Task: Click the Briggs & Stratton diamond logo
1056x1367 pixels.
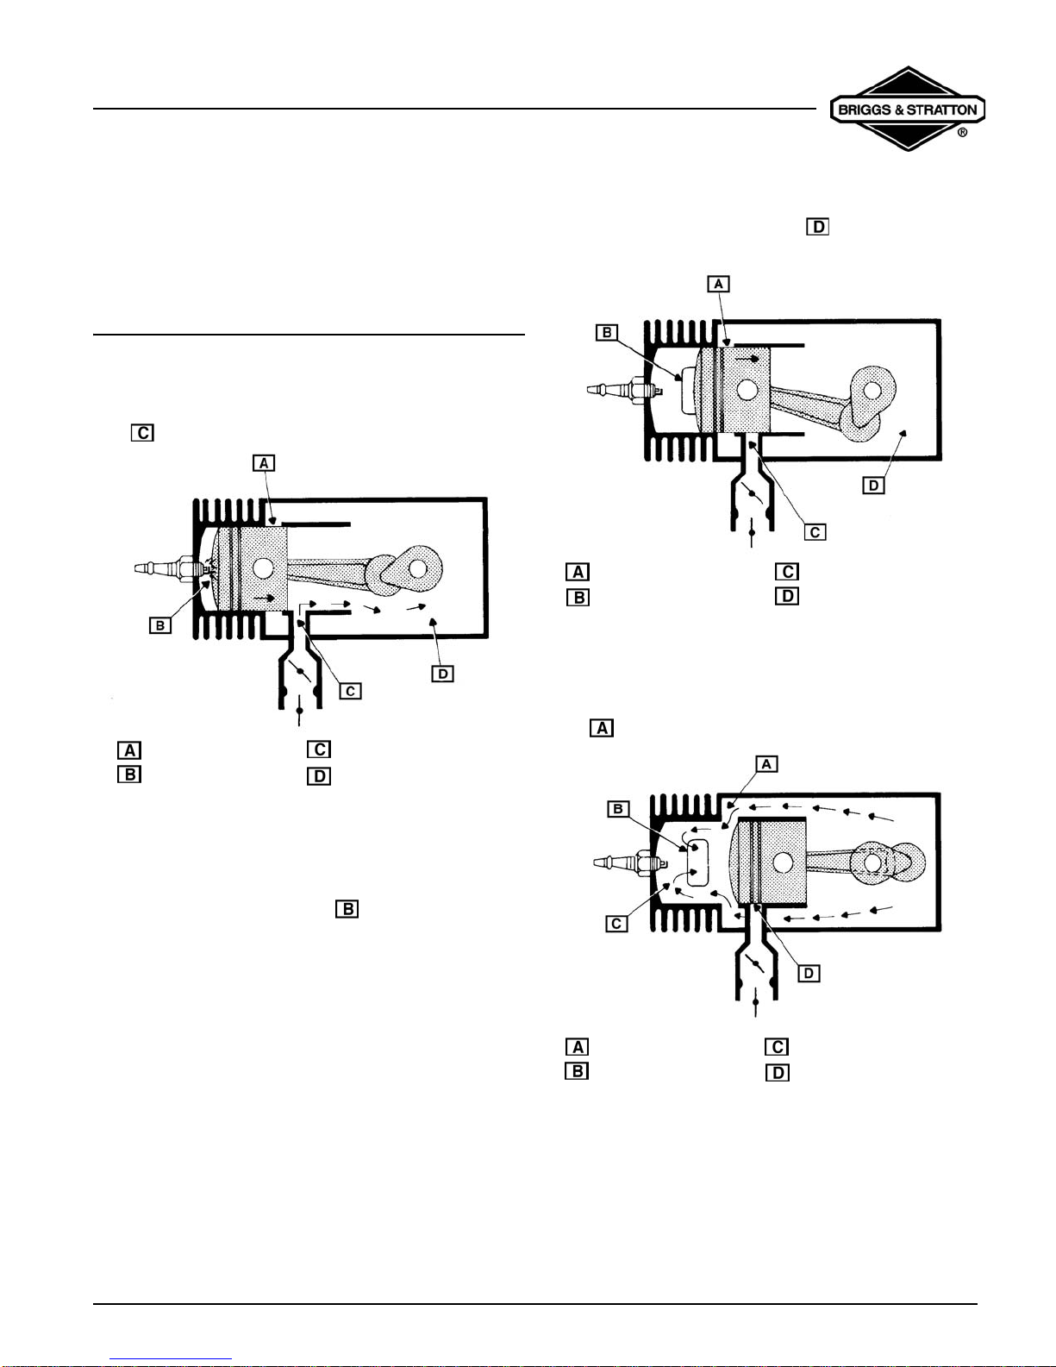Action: pyautogui.click(x=907, y=109)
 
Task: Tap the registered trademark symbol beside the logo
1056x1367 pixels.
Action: pyautogui.click(x=962, y=133)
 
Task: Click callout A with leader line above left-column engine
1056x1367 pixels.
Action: pyautogui.click(x=264, y=464)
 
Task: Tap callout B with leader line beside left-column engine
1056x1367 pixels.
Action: pyautogui.click(x=160, y=626)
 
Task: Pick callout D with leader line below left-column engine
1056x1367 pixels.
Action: pyautogui.click(x=442, y=674)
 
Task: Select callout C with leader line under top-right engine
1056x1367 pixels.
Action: pyautogui.click(x=815, y=532)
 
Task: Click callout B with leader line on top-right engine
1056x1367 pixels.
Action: pyautogui.click(x=607, y=332)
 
